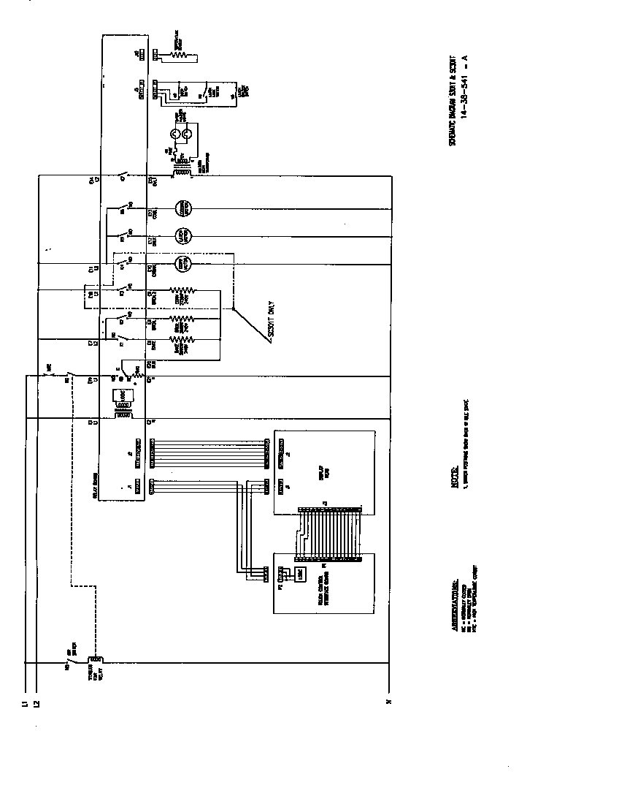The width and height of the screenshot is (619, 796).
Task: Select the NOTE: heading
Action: pos(453,476)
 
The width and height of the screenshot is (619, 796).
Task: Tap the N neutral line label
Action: pos(389,703)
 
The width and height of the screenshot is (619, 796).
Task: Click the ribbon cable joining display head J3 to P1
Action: pos(328,534)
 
